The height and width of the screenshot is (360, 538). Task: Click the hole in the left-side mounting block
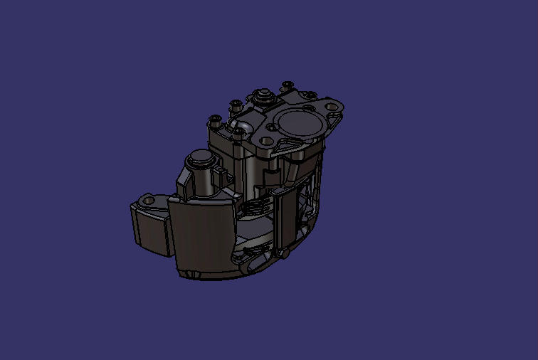pyautogui.click(x=149, y=201)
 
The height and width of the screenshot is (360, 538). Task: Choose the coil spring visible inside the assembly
pyautogui.click(x=253, y=208)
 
